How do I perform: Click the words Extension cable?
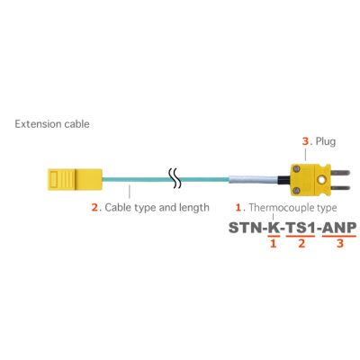click(x=51, y=122)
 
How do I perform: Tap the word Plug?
click(x=324, y=141)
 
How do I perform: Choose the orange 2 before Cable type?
click(x=94, y=207)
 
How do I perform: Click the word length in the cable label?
click(x=191, y=207)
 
